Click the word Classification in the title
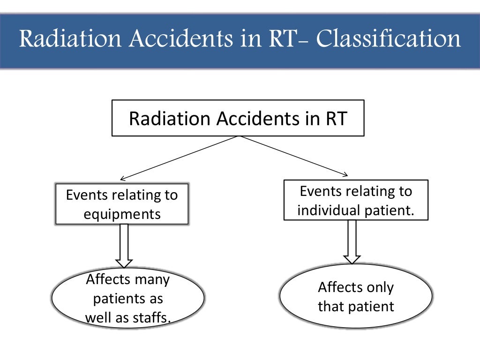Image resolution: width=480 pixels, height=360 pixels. point(389,39)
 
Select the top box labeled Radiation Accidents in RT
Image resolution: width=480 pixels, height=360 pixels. point(238,118)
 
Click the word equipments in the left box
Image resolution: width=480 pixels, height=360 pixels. point(122,214)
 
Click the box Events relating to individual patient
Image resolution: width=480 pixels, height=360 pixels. point(356,200)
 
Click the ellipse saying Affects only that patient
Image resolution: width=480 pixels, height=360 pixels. point(356,296)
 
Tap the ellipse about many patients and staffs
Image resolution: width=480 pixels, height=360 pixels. point(127,299)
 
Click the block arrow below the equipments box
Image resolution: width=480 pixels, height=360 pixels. point(124,245)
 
